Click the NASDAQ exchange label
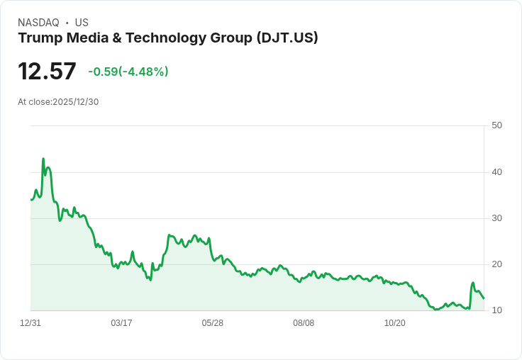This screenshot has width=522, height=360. pyautogui.click(x=38, y=23)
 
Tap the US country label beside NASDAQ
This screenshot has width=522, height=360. pyautogui.click(x=82, y=23)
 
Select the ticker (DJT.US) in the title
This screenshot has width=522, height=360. pyautogui.click(x=287, y=38)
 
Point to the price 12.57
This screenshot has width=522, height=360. pyautogui.click(x=47, y=72)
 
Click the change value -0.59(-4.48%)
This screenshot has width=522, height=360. pyautogui.click(x=128, y=72)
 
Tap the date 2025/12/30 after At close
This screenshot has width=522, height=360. pyautogui.click(x=76, y=102)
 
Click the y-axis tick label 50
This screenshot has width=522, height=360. pyautogui.click(x=496, y=125)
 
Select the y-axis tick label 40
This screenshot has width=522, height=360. pyautogui.click(x=496, y=172)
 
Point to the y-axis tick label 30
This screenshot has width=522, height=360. pyautogui.click(x=496, y=218)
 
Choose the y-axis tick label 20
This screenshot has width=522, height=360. pyautogui.click(x=496, y=264)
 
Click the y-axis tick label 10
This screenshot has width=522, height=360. pyautogui.click(x=496, y=310)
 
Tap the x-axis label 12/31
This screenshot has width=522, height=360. pyautogui.click(x=30, y=323)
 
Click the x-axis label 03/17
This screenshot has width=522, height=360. pyautogui.click(x=121, y=323)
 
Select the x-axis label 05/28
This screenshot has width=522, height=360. pyautogui.click(x=212, y=323)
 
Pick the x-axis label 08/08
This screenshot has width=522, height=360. pyautogui.click(x=304, y=323)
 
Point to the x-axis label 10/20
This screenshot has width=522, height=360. pyautogui.click(x=394, y=323)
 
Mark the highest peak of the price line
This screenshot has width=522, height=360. pyautogui.click(x=43, y=159)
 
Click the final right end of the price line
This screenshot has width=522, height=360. pyautogui.click(x=484, y=298)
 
